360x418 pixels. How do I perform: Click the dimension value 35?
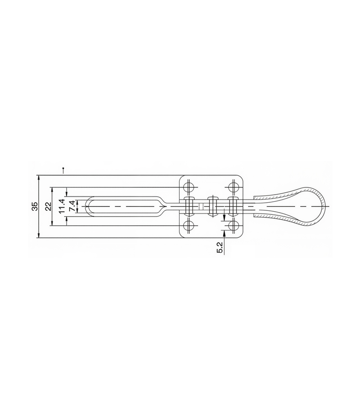(x=35, y=207)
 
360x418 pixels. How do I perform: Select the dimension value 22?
(x=48, y=207)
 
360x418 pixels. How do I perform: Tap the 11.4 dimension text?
(x=62, y=206)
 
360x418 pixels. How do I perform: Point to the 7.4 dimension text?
(x=72, y=207)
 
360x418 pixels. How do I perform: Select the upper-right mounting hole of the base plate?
(x=234, y=187)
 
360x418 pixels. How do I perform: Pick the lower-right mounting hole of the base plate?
(x=234, y=226)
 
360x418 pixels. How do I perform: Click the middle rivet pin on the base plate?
(x=213, y=207)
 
